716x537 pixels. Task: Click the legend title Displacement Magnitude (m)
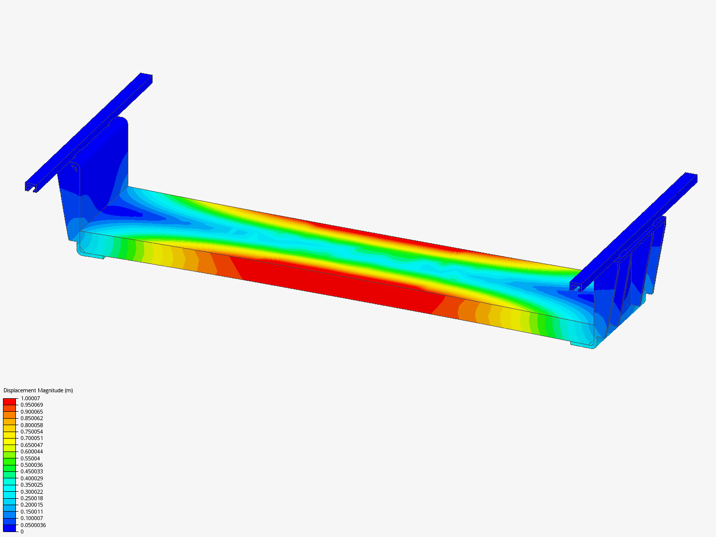click(x=38, y=390)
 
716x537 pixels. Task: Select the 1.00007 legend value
click(x=30, y=398)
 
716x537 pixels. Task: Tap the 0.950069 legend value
click(x=32, y=405)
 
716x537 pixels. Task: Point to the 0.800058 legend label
click(x=32, y=425)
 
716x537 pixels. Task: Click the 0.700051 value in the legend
click(x=32, y=438)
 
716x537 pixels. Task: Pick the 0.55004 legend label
click(x=30, y=458)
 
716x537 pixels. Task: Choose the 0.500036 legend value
click(x=32, y=465)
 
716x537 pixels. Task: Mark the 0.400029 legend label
click(x=32, y=478)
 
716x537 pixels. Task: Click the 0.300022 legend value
click(x=32, y=492)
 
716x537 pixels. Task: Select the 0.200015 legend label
click(x=32, y=505)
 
